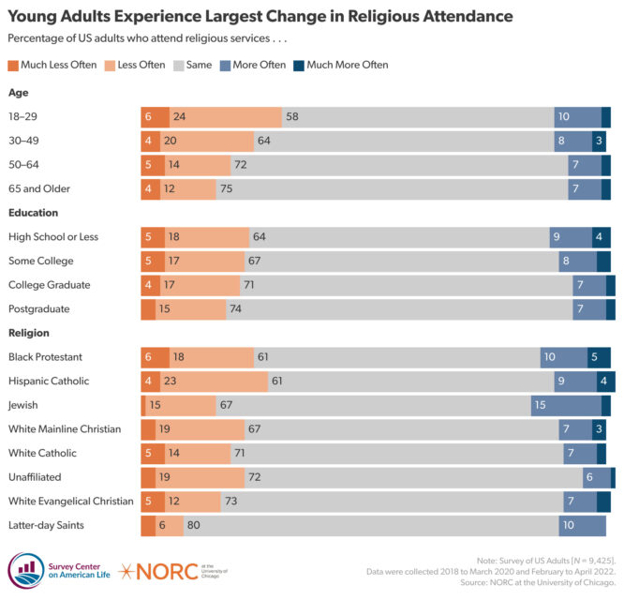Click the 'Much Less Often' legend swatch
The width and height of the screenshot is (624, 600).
point(13,65)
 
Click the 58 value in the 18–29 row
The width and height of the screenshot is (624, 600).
point(292,117)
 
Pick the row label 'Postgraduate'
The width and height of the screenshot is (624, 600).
point(39,308)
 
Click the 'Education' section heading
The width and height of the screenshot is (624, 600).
point(34,213)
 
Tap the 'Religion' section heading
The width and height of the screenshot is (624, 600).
point(29,333)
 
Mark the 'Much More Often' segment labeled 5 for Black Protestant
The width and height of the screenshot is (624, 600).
point(599,357)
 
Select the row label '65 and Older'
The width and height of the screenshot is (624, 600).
point(39,188)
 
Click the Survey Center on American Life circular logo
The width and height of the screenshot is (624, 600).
point(25,570)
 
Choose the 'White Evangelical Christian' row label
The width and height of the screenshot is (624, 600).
point(71,502)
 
